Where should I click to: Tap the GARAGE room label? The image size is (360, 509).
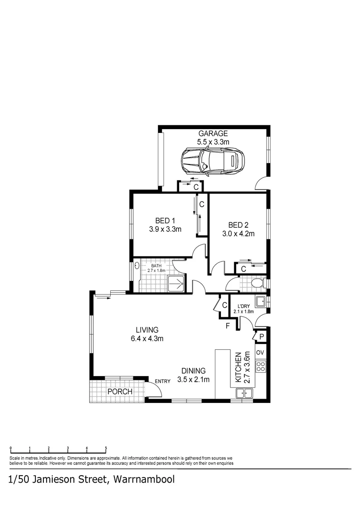(213, 133)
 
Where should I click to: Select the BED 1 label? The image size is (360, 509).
(165, 221)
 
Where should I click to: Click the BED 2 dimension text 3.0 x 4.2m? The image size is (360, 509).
(238, 233)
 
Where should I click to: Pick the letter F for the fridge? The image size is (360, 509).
(228, 326)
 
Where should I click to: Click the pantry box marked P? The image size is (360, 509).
(261, 337)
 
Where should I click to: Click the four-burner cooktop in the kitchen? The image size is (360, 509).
(261, 366)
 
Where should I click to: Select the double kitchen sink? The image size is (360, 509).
(245, 393)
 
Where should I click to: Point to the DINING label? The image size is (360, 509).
(193, 371)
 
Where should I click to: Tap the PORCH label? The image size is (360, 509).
(120, 392)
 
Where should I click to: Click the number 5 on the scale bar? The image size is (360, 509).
(106, 449)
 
